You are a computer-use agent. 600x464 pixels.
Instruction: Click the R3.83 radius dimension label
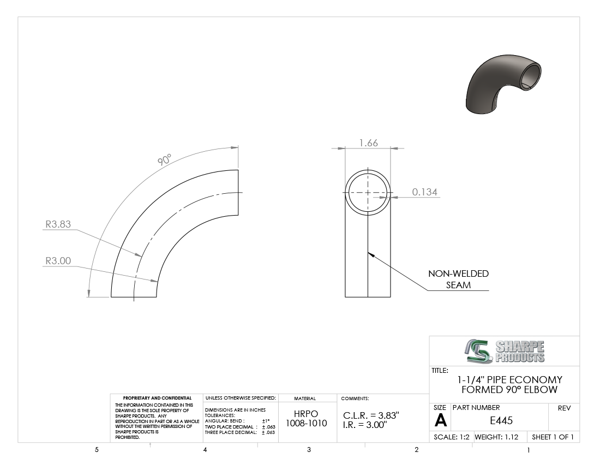point(58,224)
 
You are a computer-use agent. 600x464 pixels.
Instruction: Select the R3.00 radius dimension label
point(58,261)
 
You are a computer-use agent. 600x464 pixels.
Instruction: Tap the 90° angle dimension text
point(165,159)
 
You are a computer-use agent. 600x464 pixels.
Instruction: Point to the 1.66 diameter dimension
point(369,143)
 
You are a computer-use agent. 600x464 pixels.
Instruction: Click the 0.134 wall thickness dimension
point(425,192)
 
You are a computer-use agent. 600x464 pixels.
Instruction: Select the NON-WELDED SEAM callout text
point(458,279)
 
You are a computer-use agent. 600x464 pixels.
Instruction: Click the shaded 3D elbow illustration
point(503,84)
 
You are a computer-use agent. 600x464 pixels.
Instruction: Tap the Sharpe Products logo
point(505,351)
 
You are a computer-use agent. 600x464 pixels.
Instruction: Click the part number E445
point(501,420)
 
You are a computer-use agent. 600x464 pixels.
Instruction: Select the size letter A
point(440,421)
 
